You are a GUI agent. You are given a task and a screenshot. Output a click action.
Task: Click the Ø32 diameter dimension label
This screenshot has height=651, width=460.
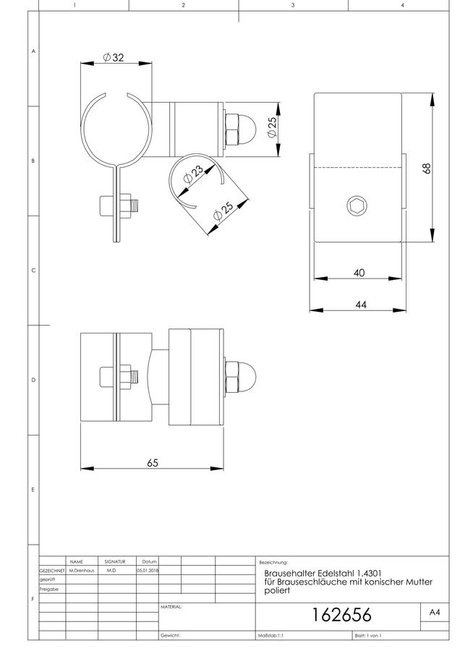[x=114, y=57]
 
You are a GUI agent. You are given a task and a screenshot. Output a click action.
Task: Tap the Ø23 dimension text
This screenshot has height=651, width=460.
[x=193, y=174]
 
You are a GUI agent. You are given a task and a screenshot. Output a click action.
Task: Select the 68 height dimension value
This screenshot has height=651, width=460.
[x=427, y=168]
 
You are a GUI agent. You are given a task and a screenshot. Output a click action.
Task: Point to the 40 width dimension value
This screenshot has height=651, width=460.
[x=359, y=273]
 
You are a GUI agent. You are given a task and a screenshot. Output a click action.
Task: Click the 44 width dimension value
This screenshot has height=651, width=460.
[x=361, y=305]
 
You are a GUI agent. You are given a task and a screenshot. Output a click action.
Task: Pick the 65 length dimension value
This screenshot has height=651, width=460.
[x=153, y=462]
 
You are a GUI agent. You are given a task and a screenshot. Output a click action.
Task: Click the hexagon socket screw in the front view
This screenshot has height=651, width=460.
[x=357, y=205]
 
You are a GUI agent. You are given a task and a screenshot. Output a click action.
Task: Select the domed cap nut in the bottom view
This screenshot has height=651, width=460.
[x=240, y=377]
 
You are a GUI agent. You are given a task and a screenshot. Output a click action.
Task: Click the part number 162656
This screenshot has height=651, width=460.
[x=341, y=614]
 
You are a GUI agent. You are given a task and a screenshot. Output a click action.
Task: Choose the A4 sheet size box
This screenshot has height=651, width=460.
[x=435, y=612]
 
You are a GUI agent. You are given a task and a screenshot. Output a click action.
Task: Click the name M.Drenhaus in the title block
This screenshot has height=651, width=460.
[x=82, y=571]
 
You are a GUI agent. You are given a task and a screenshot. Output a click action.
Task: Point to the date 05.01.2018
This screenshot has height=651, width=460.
[x=148, y=571]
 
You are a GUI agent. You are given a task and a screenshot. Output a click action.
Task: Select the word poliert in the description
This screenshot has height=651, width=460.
[x=277, y=591]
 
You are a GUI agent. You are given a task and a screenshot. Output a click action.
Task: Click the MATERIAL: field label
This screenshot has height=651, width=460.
[x=171, y=607]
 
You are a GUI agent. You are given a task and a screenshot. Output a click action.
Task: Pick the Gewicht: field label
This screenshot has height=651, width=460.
[x=170, y=635]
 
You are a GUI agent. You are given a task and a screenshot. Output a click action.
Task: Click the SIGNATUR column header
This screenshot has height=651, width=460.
[x=114, y=561]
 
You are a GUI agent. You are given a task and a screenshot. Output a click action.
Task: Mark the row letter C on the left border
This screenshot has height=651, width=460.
[x=33, y=271]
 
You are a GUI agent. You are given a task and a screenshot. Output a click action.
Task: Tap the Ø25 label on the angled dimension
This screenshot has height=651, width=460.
[x=223, y=211]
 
